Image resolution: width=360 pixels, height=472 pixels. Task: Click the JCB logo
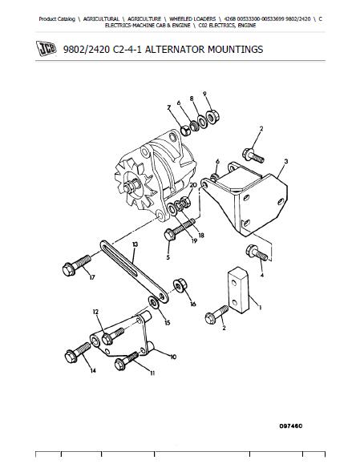point(46,48)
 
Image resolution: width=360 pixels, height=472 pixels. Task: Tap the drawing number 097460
point(291,426)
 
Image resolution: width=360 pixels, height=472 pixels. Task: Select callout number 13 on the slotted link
point(135,244)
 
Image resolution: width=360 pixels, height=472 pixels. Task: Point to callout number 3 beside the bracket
point(286,161)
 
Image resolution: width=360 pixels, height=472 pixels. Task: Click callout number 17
point(92,277)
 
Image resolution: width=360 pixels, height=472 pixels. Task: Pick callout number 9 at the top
point(204,94)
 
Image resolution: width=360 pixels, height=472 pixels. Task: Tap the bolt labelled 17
point(76,265)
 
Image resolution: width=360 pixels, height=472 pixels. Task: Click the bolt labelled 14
point(78,353)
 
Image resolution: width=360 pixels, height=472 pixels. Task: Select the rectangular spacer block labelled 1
point(238,288)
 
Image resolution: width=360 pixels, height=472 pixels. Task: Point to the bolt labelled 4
point(257,252)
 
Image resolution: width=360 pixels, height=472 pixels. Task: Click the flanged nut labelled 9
point(212,116)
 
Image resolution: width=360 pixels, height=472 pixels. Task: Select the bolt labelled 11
point(127,361)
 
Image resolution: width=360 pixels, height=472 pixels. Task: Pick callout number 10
point(173,357)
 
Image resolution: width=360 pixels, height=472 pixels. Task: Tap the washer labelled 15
point(154,302)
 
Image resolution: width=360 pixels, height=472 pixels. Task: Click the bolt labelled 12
point(113,336)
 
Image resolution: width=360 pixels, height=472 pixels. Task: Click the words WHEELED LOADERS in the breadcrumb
point(192,19)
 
